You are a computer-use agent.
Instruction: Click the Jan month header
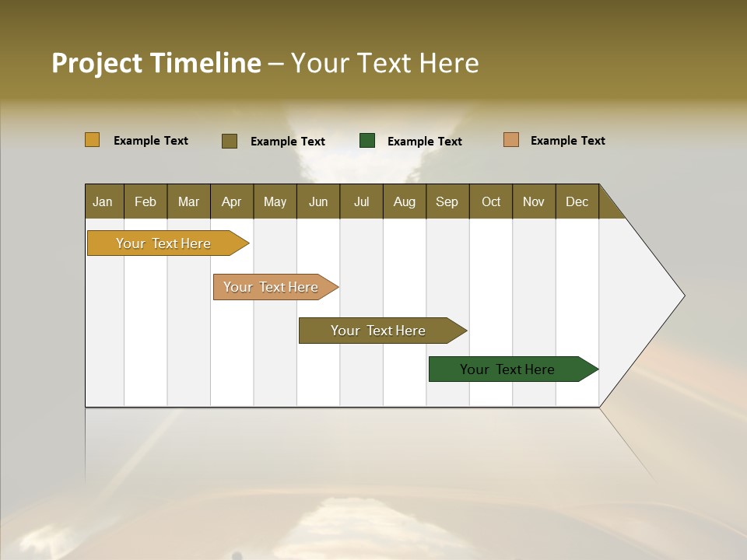103,201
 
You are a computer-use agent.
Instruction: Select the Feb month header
146,201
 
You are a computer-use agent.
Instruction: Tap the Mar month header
188,201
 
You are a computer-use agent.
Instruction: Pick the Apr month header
232,201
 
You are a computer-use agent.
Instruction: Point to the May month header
275,201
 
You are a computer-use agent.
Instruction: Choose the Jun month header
318,201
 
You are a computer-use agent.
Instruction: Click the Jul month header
361,201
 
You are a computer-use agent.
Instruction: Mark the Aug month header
405,201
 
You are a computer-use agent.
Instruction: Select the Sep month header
447,201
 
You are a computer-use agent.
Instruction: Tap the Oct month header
491,201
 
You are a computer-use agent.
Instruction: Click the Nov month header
534,201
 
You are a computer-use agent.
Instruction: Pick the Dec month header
577,201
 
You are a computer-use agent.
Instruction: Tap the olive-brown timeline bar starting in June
379,331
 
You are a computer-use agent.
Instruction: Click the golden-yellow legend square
93,140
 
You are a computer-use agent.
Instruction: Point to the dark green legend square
367,141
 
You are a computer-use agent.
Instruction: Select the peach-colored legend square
511,140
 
